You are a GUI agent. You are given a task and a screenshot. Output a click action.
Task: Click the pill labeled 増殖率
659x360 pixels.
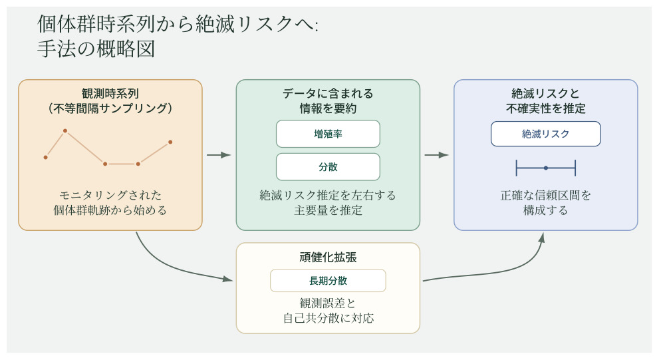(x=328, y=134)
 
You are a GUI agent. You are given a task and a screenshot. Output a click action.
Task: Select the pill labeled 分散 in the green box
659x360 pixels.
(x=328, y=167)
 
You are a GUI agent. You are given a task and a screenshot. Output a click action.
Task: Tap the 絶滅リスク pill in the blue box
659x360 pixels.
(x=545, y=134)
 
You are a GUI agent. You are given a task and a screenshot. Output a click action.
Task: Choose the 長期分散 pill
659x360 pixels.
(x=328, y=280)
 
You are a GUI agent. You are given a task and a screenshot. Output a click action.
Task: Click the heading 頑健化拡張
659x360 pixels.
(x=328, y=257)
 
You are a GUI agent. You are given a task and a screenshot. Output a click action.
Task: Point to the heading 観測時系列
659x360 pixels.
(x=110, y=93)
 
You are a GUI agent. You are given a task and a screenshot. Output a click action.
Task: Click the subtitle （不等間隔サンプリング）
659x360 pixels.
(x=110, y=108)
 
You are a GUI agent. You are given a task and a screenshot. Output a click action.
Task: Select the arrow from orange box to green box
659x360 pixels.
(x=219, y=155)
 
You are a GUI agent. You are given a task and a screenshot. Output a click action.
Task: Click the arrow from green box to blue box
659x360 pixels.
(x=436, y=155)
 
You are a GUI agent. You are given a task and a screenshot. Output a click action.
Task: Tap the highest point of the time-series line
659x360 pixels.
(x=65, y=131)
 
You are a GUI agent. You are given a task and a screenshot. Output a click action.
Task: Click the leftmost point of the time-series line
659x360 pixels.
(x=46, y=157)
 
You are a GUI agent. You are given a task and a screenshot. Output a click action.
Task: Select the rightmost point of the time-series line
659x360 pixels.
(x=170, y=142)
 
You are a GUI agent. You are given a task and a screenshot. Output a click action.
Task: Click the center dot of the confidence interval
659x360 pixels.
(x=545, y=168)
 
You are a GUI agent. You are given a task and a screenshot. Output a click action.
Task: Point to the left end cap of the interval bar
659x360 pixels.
(x=517, y=168)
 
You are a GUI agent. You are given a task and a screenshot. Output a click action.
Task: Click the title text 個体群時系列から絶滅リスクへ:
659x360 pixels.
(x=178, y=25)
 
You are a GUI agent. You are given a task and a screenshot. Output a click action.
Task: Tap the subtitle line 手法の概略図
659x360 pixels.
(x=96, y=50)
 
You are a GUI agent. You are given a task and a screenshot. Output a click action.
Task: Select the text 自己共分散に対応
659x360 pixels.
(x=328, y=318)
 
